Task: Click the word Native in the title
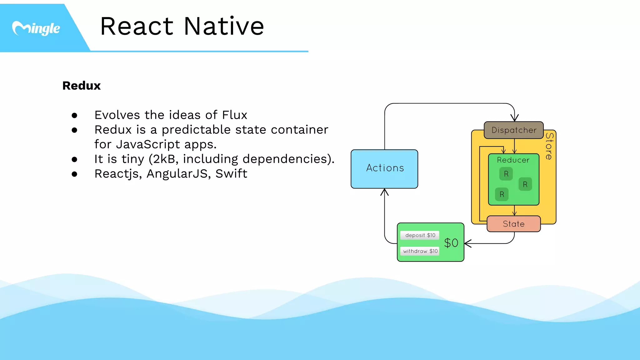(224, 26)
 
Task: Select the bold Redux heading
(82, 86)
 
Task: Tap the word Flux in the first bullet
(234, 115)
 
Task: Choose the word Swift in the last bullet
(231, 174)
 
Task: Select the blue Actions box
(384, 169)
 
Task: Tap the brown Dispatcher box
(514, 130)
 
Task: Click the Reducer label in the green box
(513, 160)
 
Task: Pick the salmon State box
(513, 224)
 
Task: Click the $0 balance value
(451, 243)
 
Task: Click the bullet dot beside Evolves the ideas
(74, 116)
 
